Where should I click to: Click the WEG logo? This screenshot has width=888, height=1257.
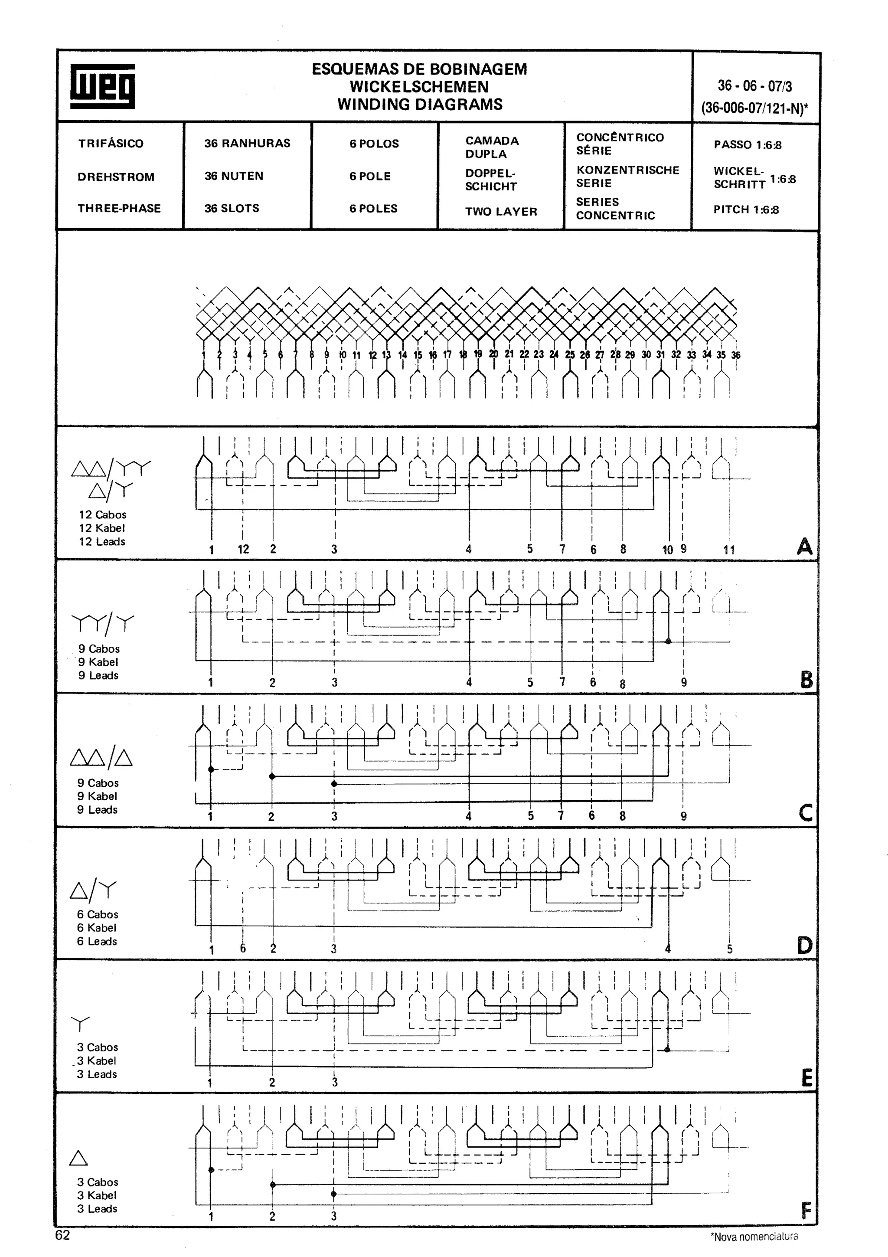(x=102, y=86)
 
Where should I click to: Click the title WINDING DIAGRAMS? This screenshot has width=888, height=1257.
(x=420, y=104)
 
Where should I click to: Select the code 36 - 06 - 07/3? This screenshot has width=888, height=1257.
(x=754, y=85)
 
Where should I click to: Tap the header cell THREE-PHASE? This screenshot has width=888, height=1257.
(x=119, y=209)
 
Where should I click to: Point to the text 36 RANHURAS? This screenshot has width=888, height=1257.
(x=247, y=144)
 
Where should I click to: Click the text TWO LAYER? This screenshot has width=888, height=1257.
(x=501, y=211)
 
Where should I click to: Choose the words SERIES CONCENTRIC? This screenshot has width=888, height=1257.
(x=615, y=209)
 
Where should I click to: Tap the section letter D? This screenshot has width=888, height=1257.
(x=804, y=946)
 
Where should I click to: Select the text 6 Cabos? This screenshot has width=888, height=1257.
(x=98, y=914)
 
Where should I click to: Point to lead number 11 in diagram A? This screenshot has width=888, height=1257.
(x=729, y=550)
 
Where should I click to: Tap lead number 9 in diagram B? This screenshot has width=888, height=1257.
(x=684, y=682)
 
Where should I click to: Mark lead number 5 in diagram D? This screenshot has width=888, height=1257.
(x=729, y=949)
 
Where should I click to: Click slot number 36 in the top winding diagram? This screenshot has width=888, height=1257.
(x=735, y=355)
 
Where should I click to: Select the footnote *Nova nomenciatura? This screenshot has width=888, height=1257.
(x=754, y=1236)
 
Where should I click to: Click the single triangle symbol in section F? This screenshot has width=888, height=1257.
(x=79, y=1158)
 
